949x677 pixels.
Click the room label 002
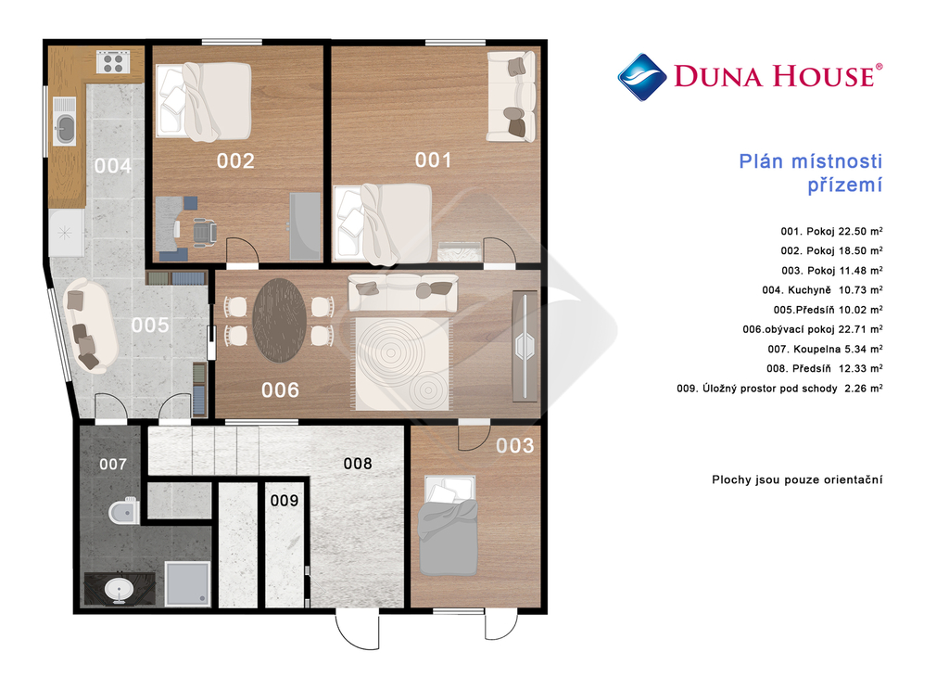(x=235, y=160)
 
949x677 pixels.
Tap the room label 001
(x=434, y=160)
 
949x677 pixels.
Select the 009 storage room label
(x=285, y=500)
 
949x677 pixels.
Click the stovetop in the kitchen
(x=113, y=62)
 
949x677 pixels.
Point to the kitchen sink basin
(x=65, y=128)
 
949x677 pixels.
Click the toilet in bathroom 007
(x=124, y=512)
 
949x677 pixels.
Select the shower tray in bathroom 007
(x=187, y=583)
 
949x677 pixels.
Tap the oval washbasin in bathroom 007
(x=119, y=589)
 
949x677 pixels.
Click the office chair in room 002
(x=205, y=232)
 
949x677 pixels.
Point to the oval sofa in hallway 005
(x=90, y=325)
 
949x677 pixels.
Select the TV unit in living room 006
(x=525, y=346)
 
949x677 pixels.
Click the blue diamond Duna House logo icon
(x=642, y=77)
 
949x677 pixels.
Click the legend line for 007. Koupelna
(x=825, y=349)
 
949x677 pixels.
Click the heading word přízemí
(x=845, y=185)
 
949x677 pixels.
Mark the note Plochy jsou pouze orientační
(x=797, y=479)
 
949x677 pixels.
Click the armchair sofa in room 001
(x=512, y=96)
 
